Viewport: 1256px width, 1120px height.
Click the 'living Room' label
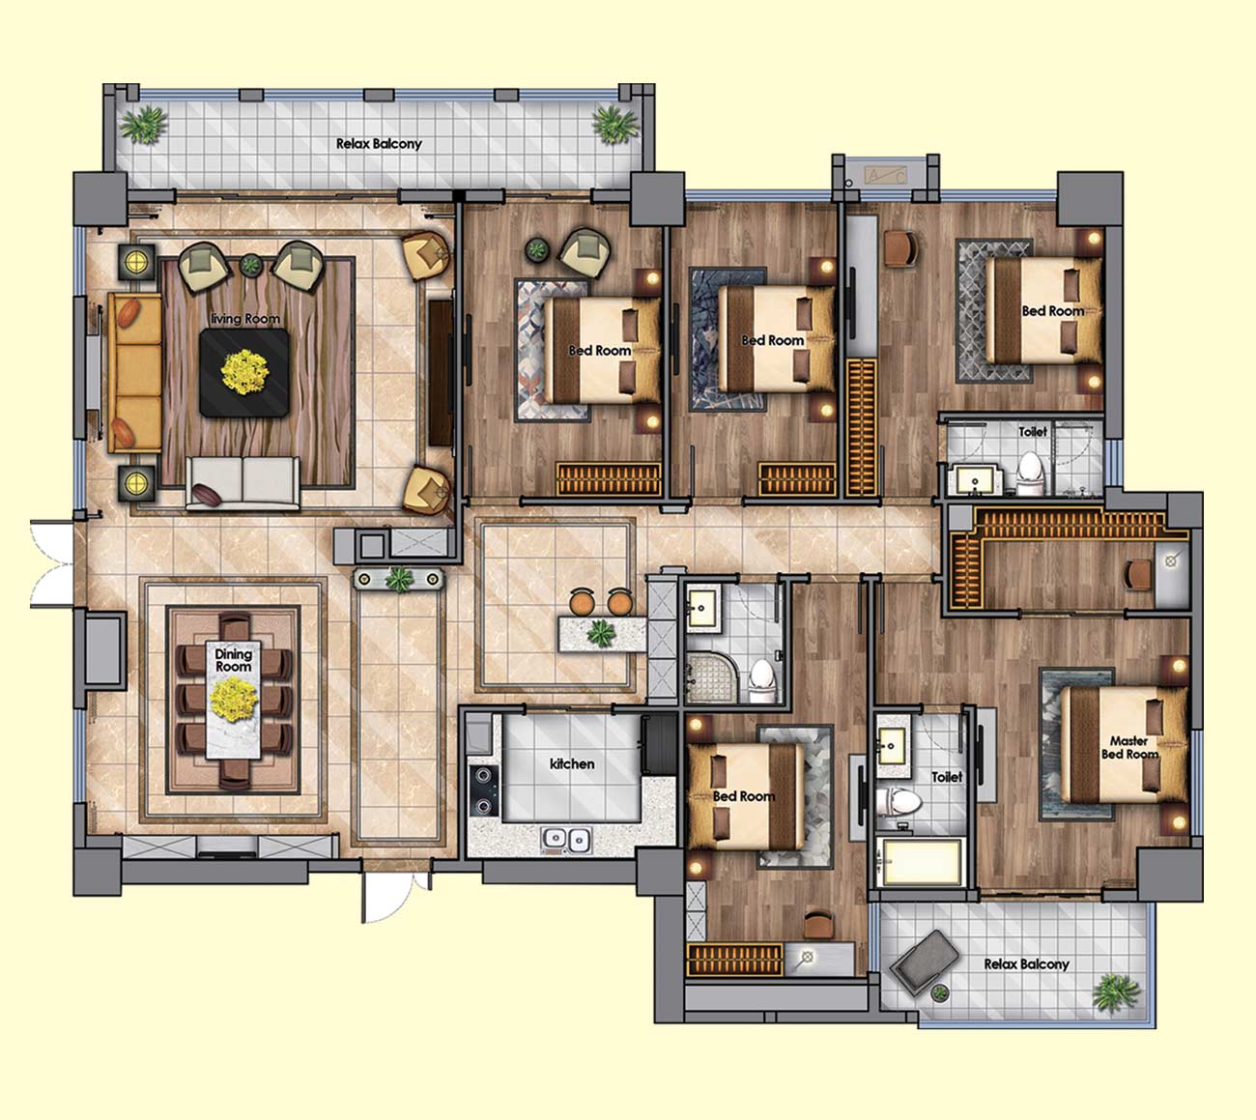pyautogui.click(x=244, y=319)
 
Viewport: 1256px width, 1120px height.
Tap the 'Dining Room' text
pyautogui.click(x=233, y=660)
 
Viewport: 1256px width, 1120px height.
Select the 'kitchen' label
pyautogui.click(x=572, y=763)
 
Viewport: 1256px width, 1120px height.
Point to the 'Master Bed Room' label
pyautogui.click(x=1129, y=747)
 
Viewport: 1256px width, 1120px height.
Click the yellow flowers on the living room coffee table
pyautogui.click(x=244, y=371)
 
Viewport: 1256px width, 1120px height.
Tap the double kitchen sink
pyautogui.click(x=566, y=841)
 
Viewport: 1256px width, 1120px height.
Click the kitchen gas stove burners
pyautogui.click(x=483, y=790)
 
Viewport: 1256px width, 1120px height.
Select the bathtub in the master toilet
pyautogui.click(x=922, y=862)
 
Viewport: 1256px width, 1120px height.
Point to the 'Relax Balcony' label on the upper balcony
pyautogui.click(x=379, y=144)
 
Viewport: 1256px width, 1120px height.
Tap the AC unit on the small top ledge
pyautogui.click(x=885, y=176)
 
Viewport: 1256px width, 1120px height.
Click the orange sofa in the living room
pyautogui.click(x=135, y=372)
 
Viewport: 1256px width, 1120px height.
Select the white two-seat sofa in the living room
pyautogui.click(x=243, y=484)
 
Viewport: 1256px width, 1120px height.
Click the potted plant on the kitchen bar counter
pyautogui.click(x=601, y=634)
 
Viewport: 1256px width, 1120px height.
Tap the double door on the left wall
pyautogui.click(x=52, y=563)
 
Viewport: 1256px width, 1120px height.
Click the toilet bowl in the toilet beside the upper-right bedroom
pyautogui.click(x=1030, y=474)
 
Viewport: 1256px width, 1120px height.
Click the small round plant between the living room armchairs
pyautogui.click(x=250, y=266)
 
